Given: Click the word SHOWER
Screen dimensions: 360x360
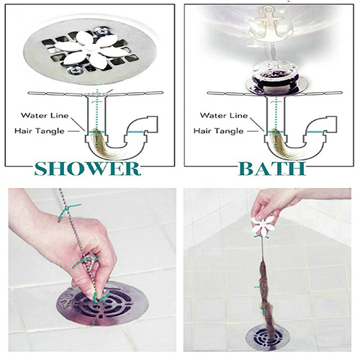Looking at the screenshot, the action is point(87,168).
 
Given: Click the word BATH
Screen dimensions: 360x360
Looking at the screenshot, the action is point(272,168).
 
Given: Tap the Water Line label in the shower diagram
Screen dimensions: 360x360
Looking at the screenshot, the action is point(45,115).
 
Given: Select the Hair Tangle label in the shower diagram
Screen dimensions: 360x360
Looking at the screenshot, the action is point(40,131).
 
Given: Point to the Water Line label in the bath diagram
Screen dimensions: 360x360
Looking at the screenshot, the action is point(224,115).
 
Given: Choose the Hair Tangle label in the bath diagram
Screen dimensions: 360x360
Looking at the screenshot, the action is point(219,131).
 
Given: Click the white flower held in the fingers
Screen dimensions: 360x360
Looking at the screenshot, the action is point(263,225).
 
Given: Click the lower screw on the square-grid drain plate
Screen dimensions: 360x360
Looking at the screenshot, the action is point(74,71).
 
